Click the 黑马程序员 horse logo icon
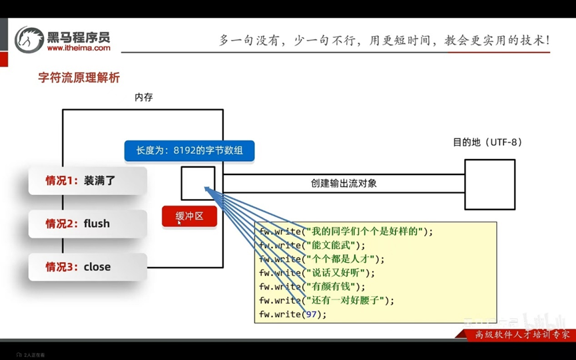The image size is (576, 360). point(29,39)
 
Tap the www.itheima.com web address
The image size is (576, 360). point(78,48)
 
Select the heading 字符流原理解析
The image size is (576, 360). point(79,78)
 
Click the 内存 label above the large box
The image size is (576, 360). point(143,97)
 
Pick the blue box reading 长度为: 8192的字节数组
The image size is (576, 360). point(189,150)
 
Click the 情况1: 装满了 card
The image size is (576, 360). point(87,180)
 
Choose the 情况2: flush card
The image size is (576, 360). point(87,224)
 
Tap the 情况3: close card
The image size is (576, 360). point(87,267)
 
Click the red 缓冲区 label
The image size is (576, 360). point(189,216)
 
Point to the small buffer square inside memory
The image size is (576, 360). point(198,183)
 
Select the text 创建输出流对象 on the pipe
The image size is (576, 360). point(344,183)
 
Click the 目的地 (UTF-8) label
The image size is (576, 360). point(487,142)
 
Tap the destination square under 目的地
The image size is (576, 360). point(489,184)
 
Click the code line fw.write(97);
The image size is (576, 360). point(293,314)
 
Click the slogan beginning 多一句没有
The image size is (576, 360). point(384,40)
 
